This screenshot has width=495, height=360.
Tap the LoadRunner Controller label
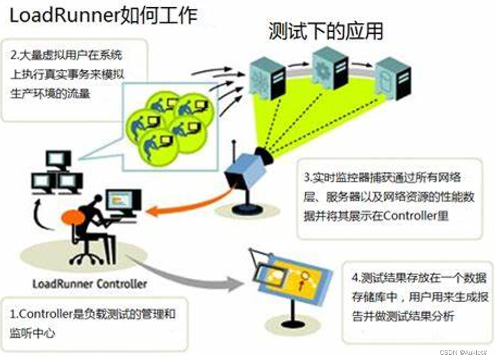[89, 284]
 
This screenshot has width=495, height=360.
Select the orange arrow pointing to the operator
[187, 204]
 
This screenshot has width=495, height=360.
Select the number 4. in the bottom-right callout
[356, 278]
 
